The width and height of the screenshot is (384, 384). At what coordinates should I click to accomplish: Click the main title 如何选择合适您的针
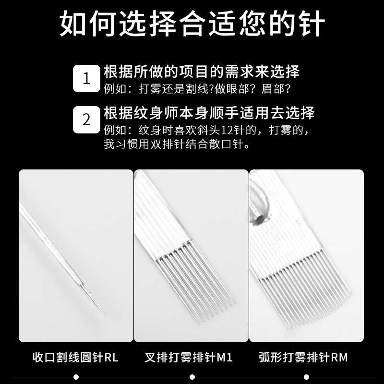(x=192, y=24)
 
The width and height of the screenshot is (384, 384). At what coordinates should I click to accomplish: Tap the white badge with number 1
(x=87, y=78)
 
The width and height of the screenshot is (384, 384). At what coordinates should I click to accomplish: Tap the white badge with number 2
(x=87, y=120)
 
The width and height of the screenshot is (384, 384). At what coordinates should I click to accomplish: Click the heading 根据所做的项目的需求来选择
(x=202, y=72)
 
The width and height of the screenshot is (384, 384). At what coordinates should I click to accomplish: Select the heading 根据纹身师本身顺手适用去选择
(x=209, y=113)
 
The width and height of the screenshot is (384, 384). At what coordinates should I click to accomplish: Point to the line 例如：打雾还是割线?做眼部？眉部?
(x=197, y=89)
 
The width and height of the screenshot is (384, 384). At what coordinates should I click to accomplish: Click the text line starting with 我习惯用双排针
(x=177, y=144)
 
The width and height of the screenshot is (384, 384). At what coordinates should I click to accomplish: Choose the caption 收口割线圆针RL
(x=75, y=357)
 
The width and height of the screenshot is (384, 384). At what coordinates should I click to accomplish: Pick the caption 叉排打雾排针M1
(x=188, y=357)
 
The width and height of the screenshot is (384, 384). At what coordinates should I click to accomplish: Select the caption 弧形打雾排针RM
(x=303, y=357)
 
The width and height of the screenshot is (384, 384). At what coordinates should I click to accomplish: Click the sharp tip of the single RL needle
(x=105, y=316)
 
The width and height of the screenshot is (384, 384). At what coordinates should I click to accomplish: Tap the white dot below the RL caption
(x=76, y=377)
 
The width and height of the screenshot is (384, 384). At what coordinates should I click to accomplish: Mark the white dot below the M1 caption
(x=192, y=377)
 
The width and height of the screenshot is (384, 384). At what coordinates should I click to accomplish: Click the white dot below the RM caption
(x=306, y=377)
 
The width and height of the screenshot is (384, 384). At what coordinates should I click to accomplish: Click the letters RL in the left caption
(x=111, y=357)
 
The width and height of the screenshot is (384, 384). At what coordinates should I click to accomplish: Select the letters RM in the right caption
(x=339, y=357)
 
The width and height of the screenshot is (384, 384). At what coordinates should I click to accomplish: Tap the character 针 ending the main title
(x=312, y=24)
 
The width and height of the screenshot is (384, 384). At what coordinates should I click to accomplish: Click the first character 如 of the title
(x=73, y=24)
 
